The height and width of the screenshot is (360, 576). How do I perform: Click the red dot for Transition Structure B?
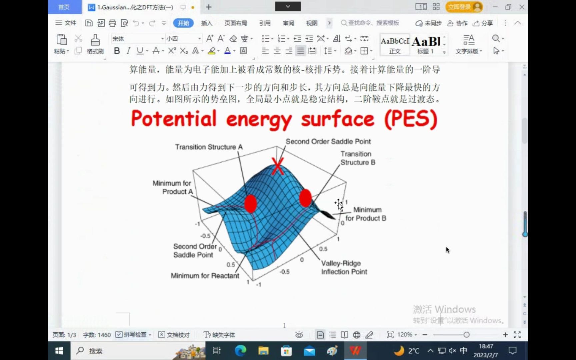[x=305, y=198]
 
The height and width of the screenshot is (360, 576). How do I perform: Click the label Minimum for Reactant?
[x=205, y=276]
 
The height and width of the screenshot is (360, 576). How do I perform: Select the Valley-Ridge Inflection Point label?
[x=344, y=267]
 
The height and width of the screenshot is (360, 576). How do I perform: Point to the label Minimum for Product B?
[x=366, y=214]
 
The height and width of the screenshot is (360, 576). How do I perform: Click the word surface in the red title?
[x=337, y=119]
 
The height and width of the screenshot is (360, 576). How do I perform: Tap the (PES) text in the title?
[x=411, y=119]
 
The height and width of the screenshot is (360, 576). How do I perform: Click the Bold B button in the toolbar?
[x=117, y=51]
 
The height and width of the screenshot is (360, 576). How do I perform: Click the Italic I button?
[x=128, y=51]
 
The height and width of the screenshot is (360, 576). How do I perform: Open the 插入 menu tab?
[x=206, y=23]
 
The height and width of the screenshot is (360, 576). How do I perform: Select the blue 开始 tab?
[x=183, y=23]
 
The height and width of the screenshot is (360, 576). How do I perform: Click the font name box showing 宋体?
[x=136, y=39]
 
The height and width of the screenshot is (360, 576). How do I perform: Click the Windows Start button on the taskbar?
[x=59, y=351]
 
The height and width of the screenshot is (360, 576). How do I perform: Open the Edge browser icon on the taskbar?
[x=240, y=351]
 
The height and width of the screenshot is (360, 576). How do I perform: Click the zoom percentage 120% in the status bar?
[x=405, y=335]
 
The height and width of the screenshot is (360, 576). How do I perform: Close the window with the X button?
[x=522, y=7]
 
